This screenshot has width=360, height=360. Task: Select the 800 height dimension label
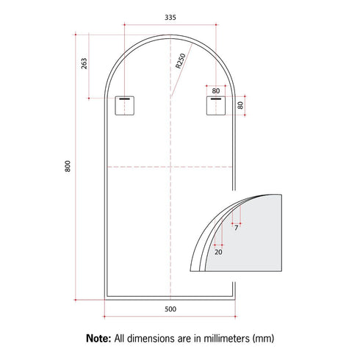coord(68,167)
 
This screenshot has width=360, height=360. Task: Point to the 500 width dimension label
coord(170,309)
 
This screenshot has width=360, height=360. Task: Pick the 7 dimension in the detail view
coord(237,228)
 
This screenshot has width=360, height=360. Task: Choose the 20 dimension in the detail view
coord(218,251)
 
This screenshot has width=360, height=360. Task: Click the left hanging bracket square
coord(124,106)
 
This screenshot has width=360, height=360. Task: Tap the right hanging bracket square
coord(215,106)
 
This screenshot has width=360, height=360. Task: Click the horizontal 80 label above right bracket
coord(215,90)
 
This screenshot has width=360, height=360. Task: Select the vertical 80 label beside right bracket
coord(240,106)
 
